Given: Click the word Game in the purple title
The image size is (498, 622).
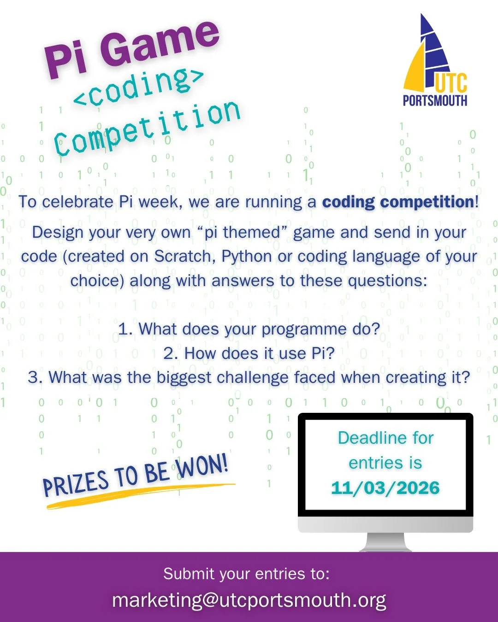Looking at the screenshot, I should (x=159, y=44).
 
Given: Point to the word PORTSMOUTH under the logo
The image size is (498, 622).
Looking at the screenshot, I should (x=435, y=100).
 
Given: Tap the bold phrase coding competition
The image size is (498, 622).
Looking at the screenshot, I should (x=398, y=202).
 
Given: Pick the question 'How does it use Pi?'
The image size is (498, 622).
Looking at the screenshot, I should (x=249, y=353).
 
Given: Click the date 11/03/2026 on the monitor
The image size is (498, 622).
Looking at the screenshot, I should (x=385, y=488).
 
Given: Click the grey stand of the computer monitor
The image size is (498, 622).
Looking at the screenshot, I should (x=385, y=542).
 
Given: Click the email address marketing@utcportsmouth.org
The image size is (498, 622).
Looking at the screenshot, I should (x=249, y=600).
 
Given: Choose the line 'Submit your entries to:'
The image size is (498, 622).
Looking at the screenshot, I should (x=246, y=574).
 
